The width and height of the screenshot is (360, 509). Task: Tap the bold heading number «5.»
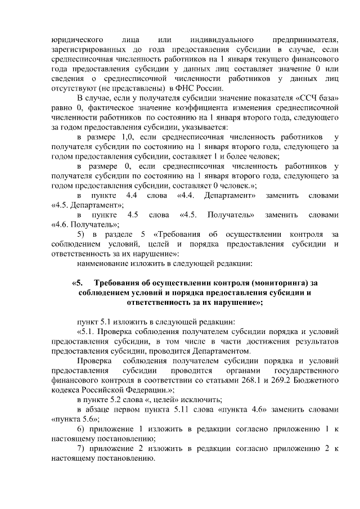click(x=78, y=283)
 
